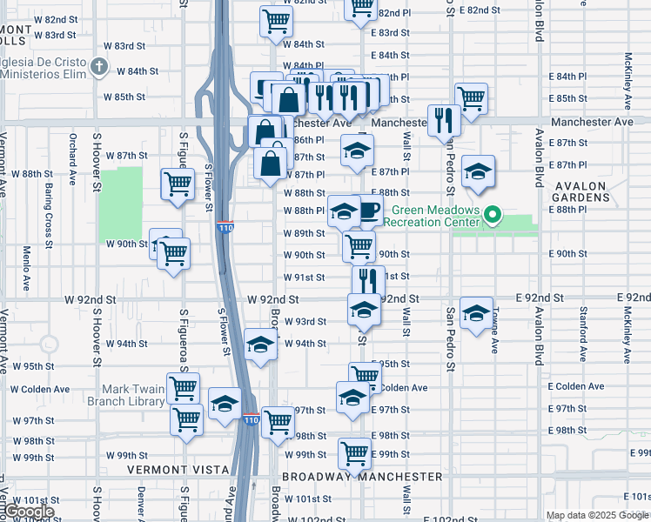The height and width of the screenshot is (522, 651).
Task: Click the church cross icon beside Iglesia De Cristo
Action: click(100, 66)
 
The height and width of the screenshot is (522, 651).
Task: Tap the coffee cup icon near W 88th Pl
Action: click(369, 209)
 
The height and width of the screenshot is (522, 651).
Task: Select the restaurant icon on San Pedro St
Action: click(444, 119)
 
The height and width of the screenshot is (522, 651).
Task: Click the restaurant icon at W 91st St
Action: click(368, 279)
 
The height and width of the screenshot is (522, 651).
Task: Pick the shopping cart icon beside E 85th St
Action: click(471, 97)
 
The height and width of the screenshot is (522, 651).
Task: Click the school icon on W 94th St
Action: click(259, 344)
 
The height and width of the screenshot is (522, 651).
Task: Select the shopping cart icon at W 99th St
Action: click(355, 452)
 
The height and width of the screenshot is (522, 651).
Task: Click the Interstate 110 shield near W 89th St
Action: click(225, 227)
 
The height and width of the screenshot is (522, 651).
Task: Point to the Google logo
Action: click(30, 512)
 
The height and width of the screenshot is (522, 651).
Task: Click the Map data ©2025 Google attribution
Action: click(597, 515)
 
